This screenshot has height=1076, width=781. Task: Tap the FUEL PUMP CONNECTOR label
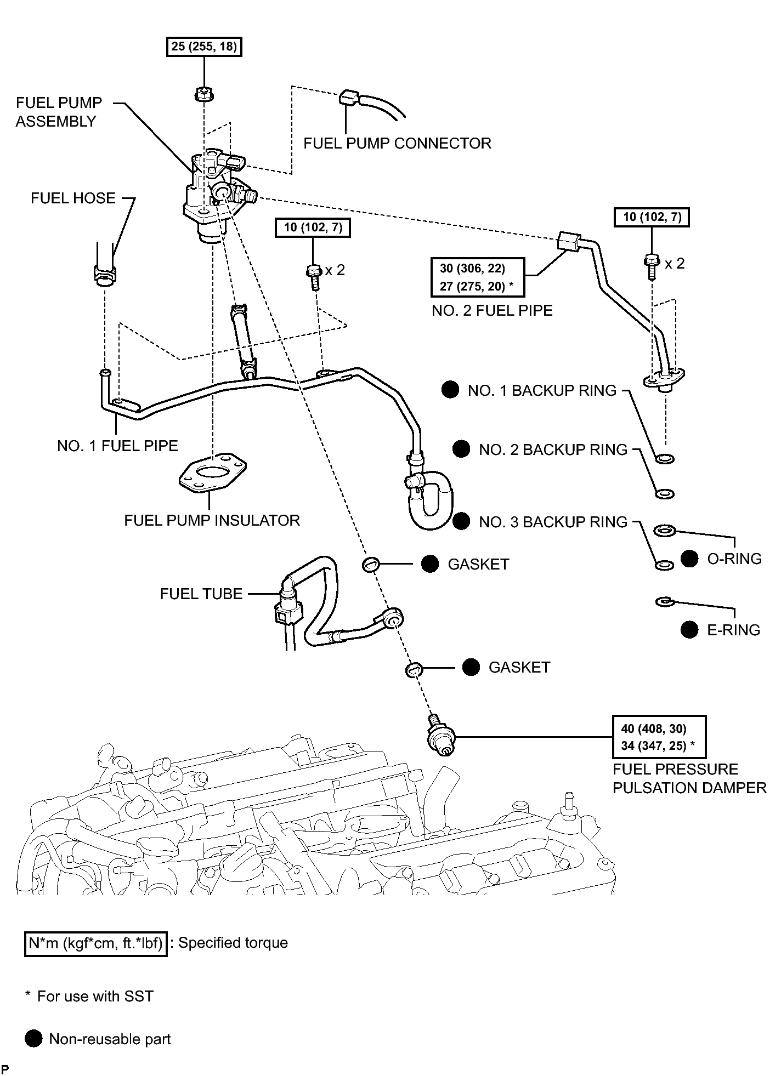click(397, 144)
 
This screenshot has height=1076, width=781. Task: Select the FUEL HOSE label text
click(73, 198)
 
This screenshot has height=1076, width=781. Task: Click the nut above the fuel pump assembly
click(203, 94)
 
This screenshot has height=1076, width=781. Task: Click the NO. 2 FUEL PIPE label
click(492, 310)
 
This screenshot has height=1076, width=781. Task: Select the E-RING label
click(733, 630)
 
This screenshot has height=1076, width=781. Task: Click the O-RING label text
click(734, 559)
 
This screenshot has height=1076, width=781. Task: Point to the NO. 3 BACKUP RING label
click(553, 522)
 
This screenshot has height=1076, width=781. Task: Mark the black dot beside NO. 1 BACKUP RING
click(450, 390)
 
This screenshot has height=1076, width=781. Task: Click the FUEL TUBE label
click(201, 594)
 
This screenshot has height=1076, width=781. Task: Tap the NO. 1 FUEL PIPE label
click(117, 446)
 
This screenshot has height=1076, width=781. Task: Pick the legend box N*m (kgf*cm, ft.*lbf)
click(96, 943)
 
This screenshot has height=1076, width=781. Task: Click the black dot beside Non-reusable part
click(34, 1039)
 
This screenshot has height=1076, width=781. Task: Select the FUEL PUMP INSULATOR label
click(212, 520)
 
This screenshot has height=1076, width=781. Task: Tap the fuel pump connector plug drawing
click(349, 99)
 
